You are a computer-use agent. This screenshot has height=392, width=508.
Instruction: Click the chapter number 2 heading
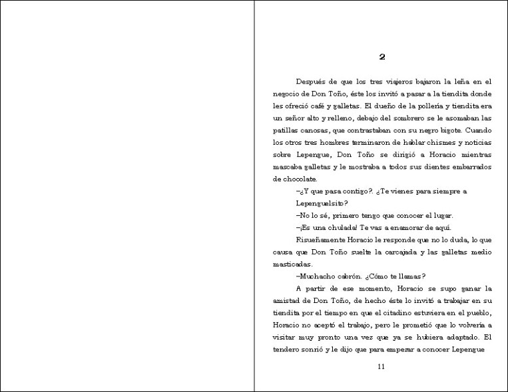pos(381,57)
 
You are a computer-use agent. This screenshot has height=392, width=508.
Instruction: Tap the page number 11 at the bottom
pos(381,367)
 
